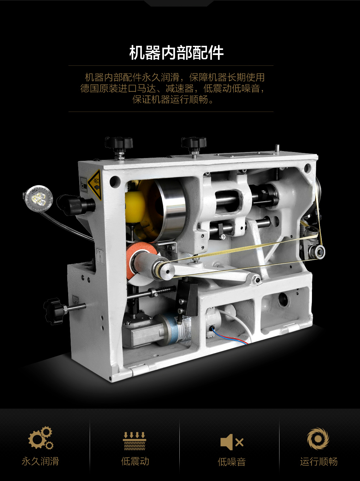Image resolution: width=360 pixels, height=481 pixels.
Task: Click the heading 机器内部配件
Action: tap(176, 52)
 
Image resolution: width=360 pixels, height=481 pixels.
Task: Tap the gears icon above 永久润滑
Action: tap(41, 438)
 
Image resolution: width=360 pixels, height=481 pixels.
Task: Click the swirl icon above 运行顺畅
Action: tap(318, 439)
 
